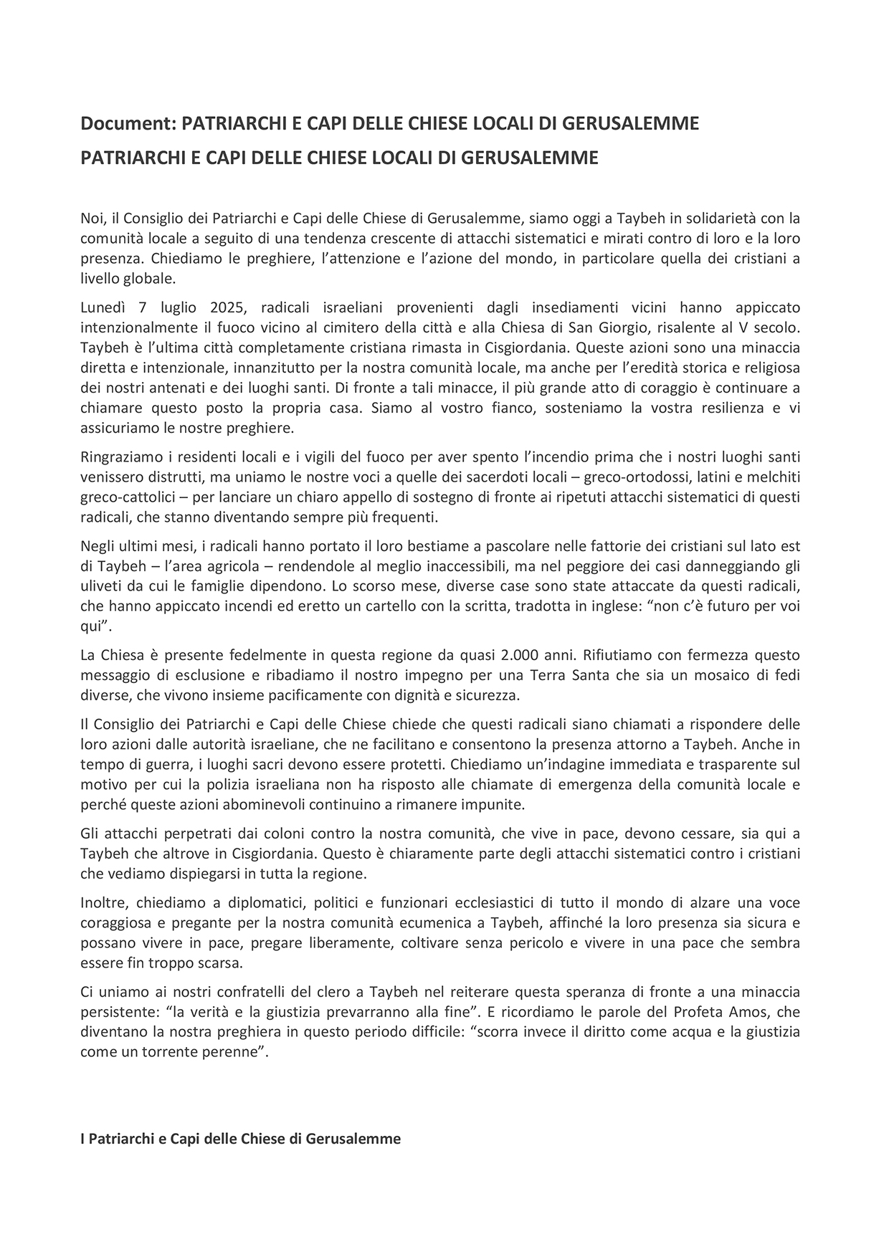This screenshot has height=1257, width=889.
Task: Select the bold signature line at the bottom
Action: tap(240, 1138)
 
